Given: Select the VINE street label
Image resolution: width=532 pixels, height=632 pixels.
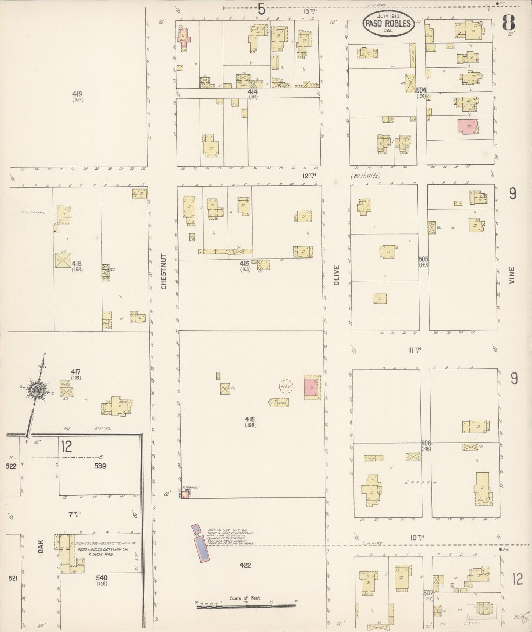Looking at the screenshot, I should click(x=512, y=275).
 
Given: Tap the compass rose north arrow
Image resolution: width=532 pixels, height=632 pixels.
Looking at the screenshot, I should click(x=37, y=390).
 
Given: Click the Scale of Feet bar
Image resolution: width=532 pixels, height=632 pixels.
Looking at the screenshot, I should click(x=246, y=605).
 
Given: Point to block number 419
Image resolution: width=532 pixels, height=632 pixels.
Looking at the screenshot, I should click(x=77, y=94).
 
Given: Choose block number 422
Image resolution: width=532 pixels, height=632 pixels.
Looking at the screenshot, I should click(x=245, y=565).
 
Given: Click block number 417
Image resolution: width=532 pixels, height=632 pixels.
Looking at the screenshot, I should click(x=76, y=372).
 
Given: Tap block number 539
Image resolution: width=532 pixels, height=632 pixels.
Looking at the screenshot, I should click(x=100, y=466).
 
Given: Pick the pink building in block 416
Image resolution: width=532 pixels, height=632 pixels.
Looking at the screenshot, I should click(x=311, y=388).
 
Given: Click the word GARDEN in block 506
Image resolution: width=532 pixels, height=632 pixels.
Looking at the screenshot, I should click(x=421, y=482).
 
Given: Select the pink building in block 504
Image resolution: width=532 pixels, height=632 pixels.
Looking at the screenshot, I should click(x=467, y=127).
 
